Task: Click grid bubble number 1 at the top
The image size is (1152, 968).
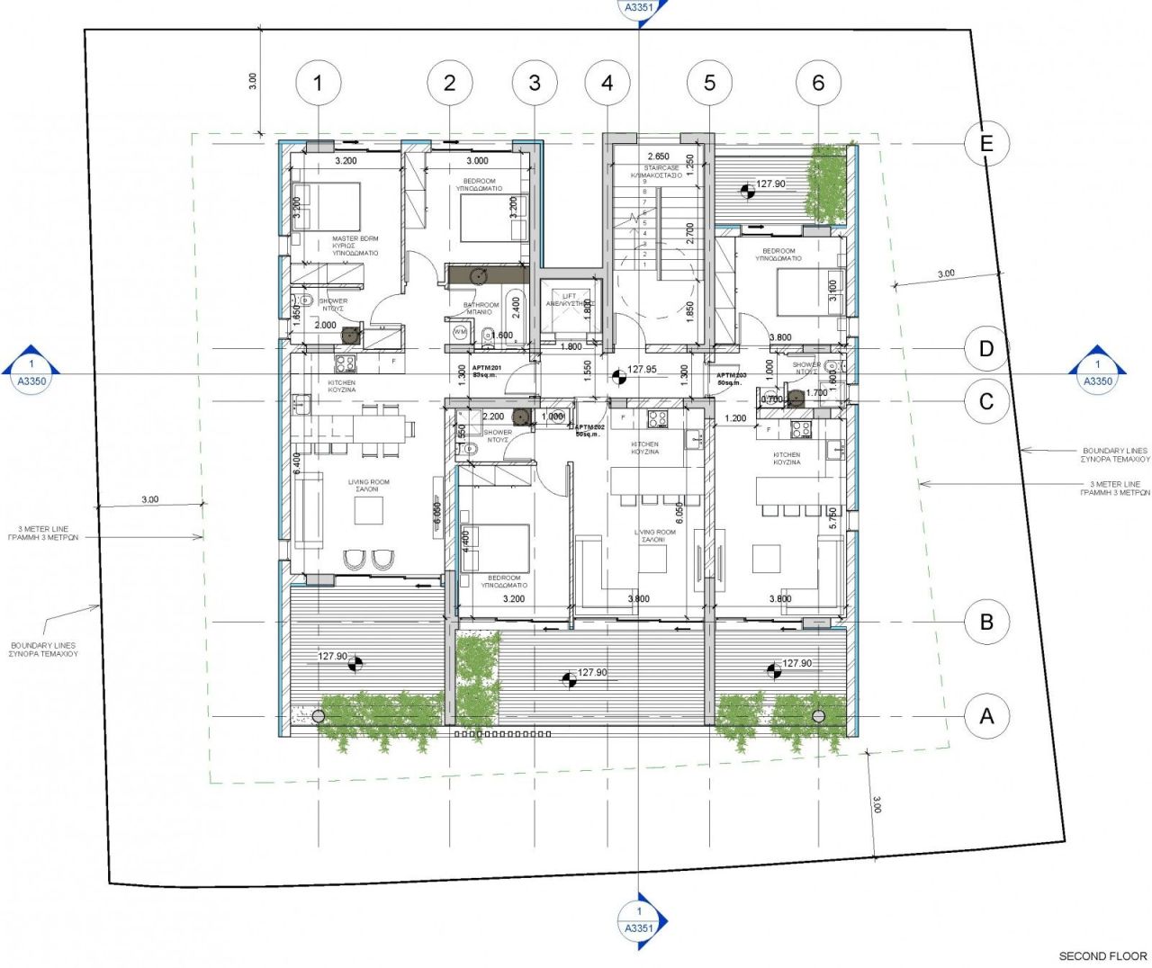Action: [317, 83]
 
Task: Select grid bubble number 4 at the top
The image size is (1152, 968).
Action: [607, 83]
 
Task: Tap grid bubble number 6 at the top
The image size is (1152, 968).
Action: [818, 83]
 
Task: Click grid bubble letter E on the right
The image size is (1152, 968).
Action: [986, 143]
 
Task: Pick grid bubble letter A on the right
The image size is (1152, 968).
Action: [986, 716]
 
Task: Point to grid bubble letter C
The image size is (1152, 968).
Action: [986, 401]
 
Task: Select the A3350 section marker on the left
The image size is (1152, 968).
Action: [31, 370]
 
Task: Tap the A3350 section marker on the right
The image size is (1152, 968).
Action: [1097, 370]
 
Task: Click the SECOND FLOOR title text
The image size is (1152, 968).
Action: [1102, 955]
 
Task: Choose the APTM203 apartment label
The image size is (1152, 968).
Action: [731, 378]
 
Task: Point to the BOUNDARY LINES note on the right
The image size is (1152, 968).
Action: [1115, 454]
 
